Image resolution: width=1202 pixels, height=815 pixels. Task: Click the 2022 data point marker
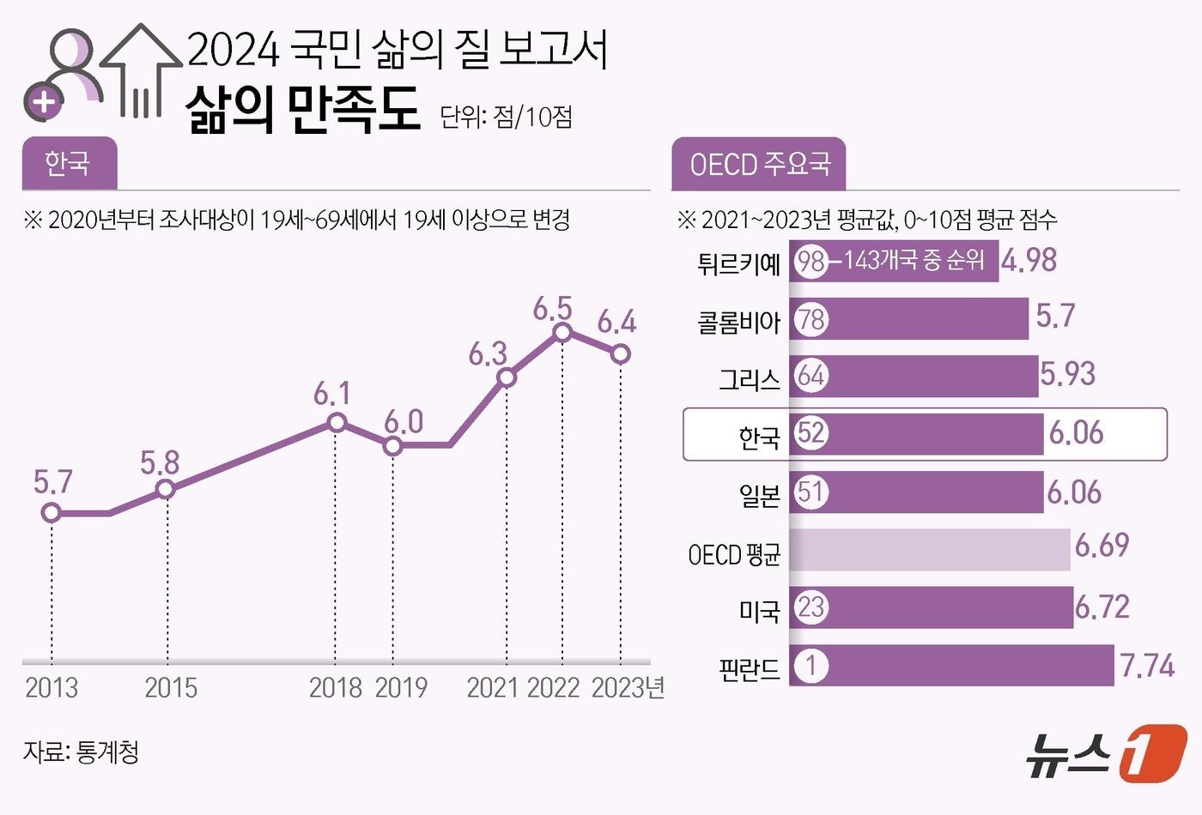(x=562, y=332)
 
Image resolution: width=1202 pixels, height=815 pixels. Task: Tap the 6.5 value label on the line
(x=552, y=308)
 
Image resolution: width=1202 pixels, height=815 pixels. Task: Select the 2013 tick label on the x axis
(x=52, y=688)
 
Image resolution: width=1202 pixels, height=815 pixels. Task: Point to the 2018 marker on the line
(x=337, y=422)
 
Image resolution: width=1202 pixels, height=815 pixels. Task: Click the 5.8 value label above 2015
(x=160, y=463)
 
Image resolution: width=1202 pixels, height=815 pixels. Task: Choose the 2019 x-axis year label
(x=401, y=688)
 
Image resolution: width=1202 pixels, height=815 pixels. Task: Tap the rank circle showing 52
(x=810, y=432)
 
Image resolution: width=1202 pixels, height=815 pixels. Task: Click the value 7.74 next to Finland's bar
(x=1147, y=666)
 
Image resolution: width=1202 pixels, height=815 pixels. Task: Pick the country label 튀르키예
(x=738, y=263)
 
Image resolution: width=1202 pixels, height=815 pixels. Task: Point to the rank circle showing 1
(x=810, y=666)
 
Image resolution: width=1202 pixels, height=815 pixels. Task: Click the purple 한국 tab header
(x=69, y=163)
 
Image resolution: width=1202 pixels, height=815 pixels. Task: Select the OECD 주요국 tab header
(x=759, y=164)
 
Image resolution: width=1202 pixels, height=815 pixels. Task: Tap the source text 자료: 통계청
(x=81, y=752)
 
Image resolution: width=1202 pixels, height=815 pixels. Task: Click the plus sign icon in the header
(x=44, y=103)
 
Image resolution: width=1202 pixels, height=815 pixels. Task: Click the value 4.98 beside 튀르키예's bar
(x=1029, y=261)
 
